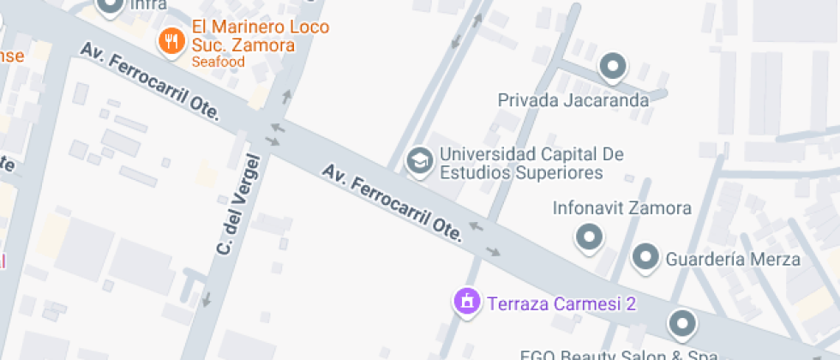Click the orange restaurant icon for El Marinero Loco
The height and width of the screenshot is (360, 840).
(x=172, y=40)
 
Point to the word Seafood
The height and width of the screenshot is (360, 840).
(x=218, y=62)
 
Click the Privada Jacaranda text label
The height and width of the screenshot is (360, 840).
(x=573, y=100)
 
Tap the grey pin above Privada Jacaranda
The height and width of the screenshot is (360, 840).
(x=612, y=65)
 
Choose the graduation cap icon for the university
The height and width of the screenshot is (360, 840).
(x=419, y=160)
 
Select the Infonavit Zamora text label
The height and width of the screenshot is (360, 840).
(x=621, y=208)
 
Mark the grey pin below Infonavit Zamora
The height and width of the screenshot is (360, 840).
(x=589, y=237)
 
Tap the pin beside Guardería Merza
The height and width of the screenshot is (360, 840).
(x=645, y=256)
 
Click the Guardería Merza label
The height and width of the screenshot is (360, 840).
(x=733, y=259)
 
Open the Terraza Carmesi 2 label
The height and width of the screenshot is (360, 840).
(x=561, y=303)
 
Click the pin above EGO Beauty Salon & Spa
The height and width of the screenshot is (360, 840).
(x=681, y=323)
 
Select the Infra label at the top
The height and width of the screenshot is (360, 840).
(x=148, y=6)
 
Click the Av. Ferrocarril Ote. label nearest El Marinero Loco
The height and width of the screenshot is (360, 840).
(x=151, y=81)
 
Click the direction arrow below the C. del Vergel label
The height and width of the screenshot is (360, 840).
(x=206, y=300)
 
